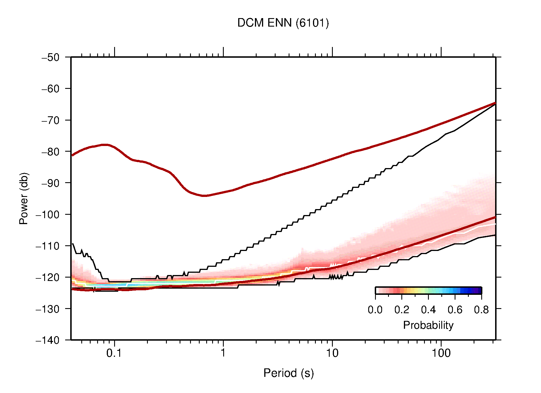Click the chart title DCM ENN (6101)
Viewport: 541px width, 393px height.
[283, 23]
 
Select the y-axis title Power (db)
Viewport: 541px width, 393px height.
[24, 198]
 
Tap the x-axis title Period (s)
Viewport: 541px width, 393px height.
[288, 373]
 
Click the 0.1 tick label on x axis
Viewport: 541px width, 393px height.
[114, 353]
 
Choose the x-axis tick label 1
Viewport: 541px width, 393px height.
[223, 353]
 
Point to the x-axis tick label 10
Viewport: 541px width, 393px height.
[332, 353]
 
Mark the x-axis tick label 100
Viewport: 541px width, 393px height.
[441, 353]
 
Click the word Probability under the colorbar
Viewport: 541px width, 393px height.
[428, 325]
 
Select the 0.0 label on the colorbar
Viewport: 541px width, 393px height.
[375, 310]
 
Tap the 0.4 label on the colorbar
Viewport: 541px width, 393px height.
[428, 310]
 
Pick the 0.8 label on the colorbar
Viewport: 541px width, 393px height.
[481, 310]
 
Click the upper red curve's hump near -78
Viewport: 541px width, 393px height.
[105, 145]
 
